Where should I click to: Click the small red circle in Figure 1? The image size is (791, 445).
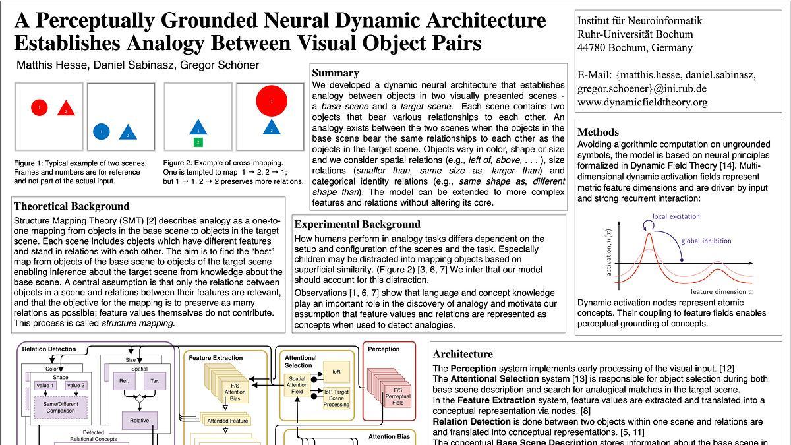tap(39, 107)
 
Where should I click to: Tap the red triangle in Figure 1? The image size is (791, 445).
tap(66, 109)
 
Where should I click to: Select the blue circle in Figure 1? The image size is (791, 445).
tap(101, 132)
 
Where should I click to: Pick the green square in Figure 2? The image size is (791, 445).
tap(198, 142)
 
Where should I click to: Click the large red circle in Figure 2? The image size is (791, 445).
tap(272, 101)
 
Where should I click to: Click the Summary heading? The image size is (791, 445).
tap(336, 73)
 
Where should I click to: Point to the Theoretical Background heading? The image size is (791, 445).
tap(71, 206)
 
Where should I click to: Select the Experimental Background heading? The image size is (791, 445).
tap(357, 224)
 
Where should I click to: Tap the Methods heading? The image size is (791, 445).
tap(598, 132)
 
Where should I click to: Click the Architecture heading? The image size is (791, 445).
tap(463, 354)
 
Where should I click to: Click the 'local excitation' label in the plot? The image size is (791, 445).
tap(676, 216)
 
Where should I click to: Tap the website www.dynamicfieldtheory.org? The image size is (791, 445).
tap(642, 102)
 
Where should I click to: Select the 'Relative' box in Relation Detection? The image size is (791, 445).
tap(139, 420)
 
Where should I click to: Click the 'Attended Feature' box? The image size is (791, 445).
tap(227, 421)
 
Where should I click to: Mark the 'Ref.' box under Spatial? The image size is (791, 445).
tap(124, 380)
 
